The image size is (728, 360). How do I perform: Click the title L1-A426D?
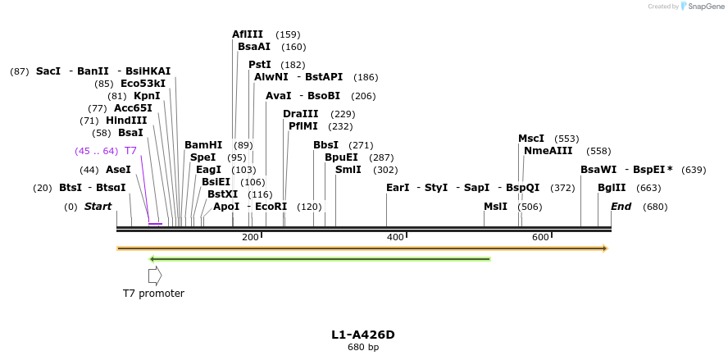pos(363,335)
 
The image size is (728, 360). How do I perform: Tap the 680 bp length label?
pos(363,347)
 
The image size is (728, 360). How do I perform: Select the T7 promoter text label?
pos(153,293)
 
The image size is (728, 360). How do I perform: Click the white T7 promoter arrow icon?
pos(155,276)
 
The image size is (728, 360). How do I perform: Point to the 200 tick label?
pos(250,237)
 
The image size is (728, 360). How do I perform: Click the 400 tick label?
pos(395,237)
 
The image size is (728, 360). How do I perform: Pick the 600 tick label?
pos(540,237)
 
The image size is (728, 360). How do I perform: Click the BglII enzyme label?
pos(612,188)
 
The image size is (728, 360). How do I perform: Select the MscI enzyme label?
pos(531,139)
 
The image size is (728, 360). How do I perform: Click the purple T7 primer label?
pos(130,151)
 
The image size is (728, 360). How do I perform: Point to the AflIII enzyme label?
pos(248,34)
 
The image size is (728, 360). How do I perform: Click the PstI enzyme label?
pos(260,65)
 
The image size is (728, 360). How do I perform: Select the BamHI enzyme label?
pos(203,145)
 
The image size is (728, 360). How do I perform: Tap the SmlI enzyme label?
pos(348,170)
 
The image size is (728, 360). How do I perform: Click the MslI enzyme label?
pos(495,207)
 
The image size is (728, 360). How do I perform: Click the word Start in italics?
pos(98,207)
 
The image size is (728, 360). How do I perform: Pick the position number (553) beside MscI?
pos(566,139)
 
